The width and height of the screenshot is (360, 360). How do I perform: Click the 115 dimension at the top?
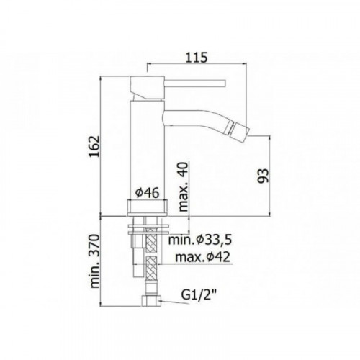pyautogui.click(x=197, y=58)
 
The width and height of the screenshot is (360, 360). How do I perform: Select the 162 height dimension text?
pyautogui.click(x=94, y=146)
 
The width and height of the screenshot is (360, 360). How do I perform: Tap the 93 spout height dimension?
pyautogui.click(x=263, y=176)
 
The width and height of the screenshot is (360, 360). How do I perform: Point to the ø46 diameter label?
pyautogui.click(x=147, y=193)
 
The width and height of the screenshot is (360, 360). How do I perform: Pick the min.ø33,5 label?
pyautogui.click(x=200, y=240)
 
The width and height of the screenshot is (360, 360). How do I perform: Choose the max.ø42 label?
pyautogui.click(x=202, y=257)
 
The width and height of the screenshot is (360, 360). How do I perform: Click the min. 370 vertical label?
pyautogui.click(x=94, y=261)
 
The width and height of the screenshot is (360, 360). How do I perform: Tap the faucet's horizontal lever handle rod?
pyautogui.click(x=195, y=83)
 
